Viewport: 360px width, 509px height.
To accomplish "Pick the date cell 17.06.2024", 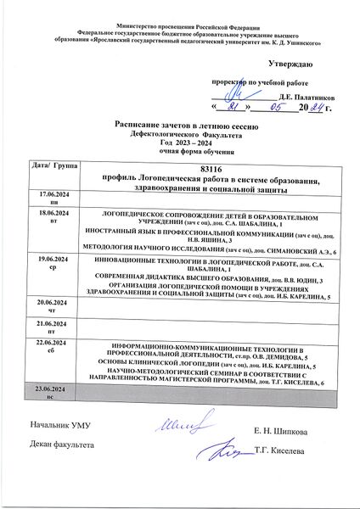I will (x=54, y=196).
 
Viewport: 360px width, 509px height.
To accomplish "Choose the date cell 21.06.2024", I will (x=54, y=323).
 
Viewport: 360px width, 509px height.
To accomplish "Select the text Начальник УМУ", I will (x=65, y=422).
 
